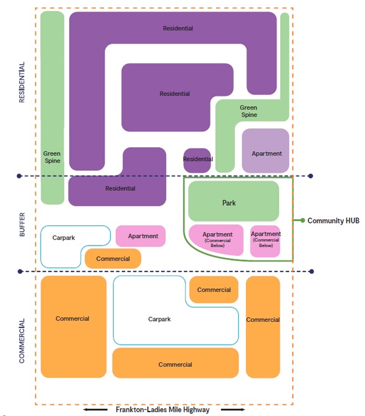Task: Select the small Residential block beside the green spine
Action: (x=197, y=160)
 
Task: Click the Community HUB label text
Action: (x=333, y=221)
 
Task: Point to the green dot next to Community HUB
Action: (x=303, y=220)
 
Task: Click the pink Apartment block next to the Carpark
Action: (x=140, y=236)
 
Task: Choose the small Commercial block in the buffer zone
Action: (x=113, y=259)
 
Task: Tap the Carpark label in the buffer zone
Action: (x=63, y=238)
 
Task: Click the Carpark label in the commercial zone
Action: (x=159, y=319)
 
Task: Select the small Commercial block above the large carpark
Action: (x=214, y=290)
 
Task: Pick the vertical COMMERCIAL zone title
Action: (x=22, y=341)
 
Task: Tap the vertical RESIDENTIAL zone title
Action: (x=22, y=82)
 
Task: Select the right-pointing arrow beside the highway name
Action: (x=233, y=409)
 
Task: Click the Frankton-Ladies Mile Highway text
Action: (x=163, y=409)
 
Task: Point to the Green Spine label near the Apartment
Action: (x=249, y=111)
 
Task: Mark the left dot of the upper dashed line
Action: (x=19, y=176)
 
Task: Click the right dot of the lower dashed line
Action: (x=312, y=271)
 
